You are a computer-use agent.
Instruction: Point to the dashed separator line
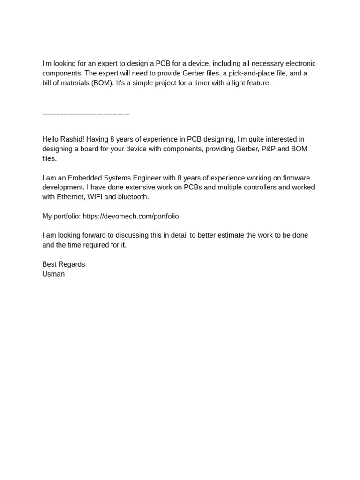[86, 113]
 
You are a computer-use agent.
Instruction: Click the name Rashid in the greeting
[72, 139]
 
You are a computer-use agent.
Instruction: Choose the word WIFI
[95, 197]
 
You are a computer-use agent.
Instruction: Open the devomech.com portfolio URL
[131, 216]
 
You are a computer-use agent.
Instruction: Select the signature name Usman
[53, 274]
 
